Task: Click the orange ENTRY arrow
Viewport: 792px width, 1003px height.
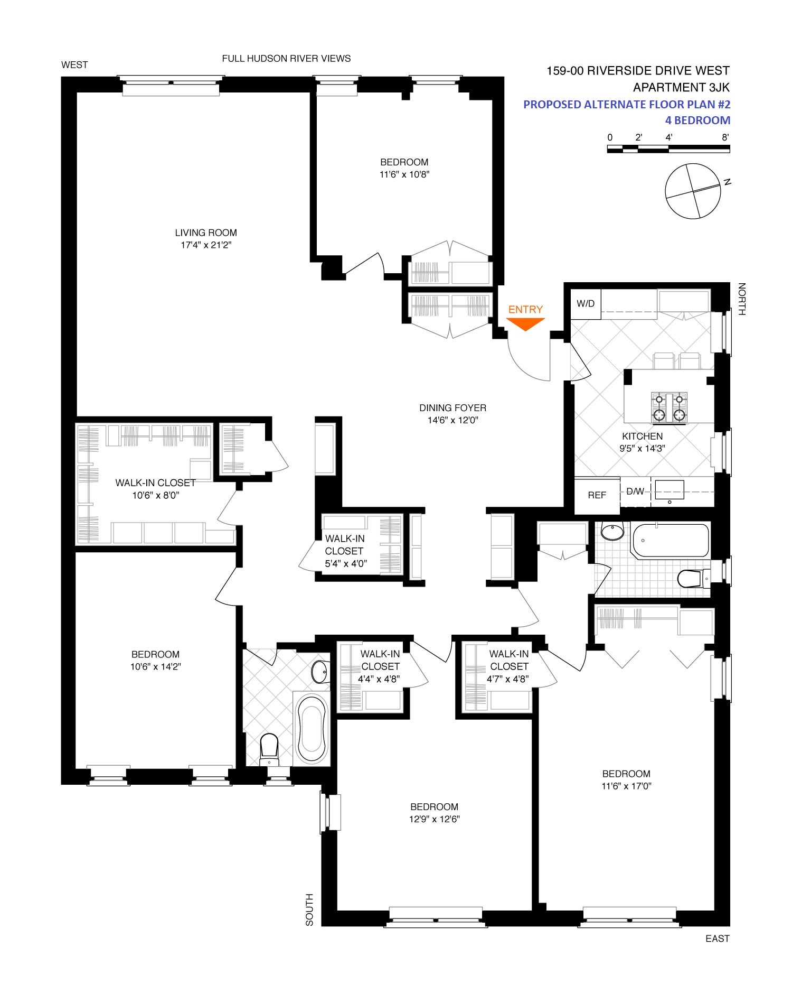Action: (525, 324)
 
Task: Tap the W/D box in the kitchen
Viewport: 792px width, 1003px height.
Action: (586, 304)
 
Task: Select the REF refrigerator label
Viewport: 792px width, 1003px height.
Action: (597, 495)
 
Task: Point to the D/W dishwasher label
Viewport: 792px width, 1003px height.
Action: (635, 491)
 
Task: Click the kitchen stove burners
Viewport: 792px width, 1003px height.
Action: (669, 407)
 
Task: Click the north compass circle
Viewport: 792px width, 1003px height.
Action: (693, 191)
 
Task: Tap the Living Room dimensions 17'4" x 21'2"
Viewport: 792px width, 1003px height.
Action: (206, 245)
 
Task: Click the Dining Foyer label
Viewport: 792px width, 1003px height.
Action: (452, 408)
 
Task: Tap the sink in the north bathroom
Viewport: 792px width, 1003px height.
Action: (612, 532)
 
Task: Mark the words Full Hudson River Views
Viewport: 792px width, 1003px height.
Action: (286, 59)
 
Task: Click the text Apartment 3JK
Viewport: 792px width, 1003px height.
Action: (681, 87)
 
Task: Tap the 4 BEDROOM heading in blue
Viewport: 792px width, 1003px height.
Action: (697, 120)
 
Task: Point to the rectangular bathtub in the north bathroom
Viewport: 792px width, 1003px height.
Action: (670, 540)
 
